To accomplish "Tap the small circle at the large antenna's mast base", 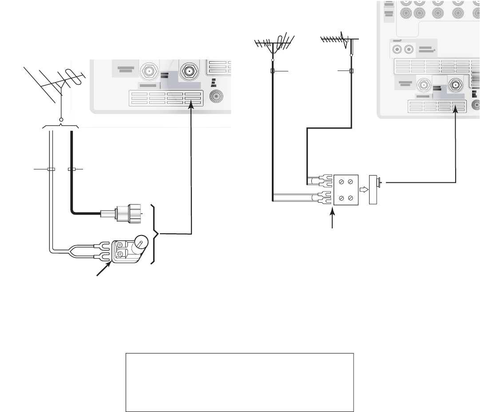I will (61, 120).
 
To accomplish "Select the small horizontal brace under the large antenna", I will (60, 127).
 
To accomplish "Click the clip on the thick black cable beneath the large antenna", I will (71, 169).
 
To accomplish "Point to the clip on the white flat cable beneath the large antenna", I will (51, 169).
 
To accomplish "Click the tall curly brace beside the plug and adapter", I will (155, 234).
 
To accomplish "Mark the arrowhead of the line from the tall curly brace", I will (191, 104).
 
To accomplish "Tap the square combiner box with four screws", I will (346, 189).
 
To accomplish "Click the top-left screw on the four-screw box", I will (341, 182).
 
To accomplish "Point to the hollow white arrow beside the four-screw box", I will (363, 189).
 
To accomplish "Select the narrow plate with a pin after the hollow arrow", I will (374, 189).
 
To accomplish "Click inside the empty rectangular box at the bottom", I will (239, 382).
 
